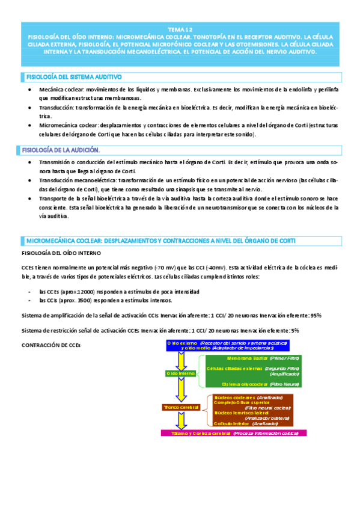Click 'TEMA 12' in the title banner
coord(180,29)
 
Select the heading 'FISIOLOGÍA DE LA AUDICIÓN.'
coord(61,149)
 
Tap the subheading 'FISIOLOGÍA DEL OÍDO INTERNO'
coord(62,253)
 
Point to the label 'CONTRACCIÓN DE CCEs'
coord(50,345)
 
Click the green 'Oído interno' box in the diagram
coord(179,373)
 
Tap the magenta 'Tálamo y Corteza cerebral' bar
coord(231,433)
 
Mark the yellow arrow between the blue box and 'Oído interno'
coord(179,360)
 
